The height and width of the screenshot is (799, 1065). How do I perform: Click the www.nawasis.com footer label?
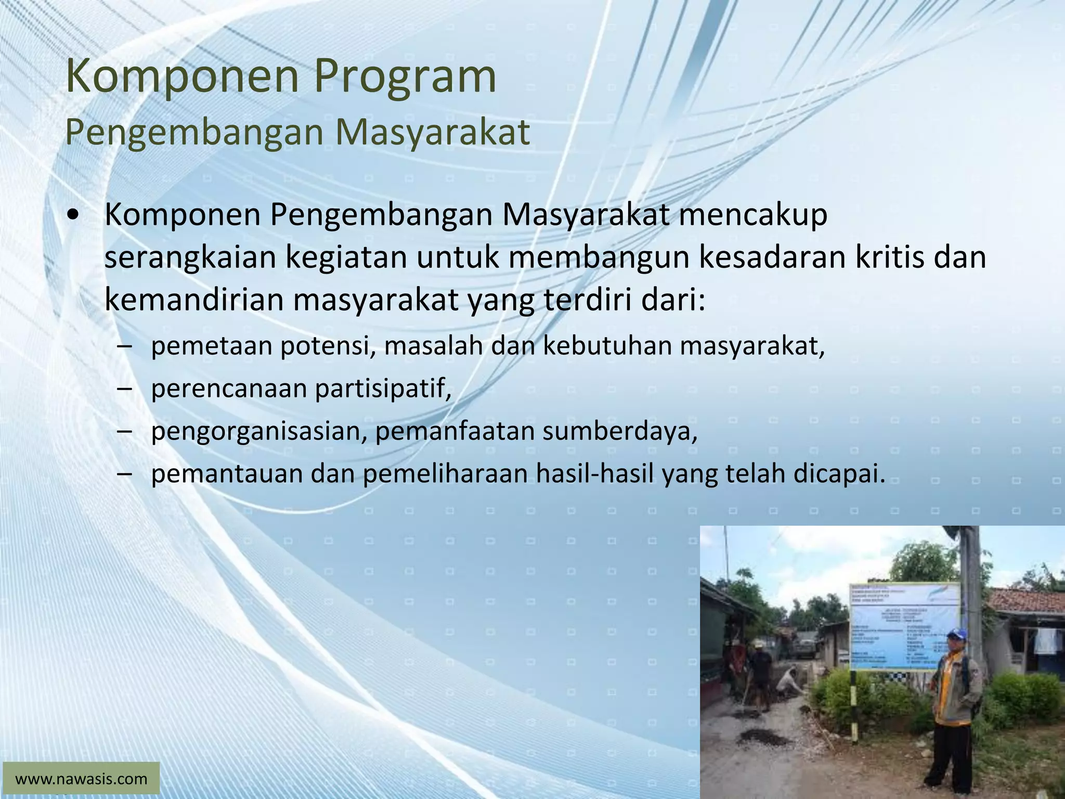click(x=81, y=779)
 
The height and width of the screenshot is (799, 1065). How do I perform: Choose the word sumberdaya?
click(x=619, y=431)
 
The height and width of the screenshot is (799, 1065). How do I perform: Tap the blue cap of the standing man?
click(x=956, y=634)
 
